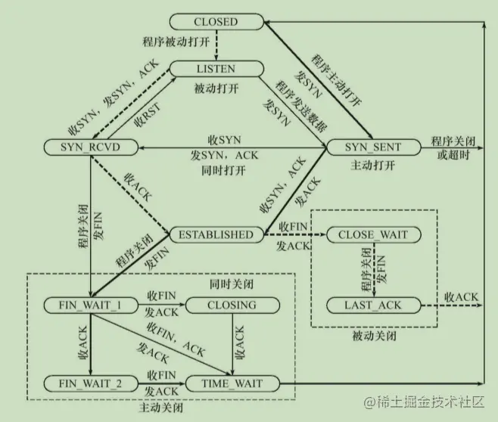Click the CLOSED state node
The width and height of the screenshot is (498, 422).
(x=216, y=22)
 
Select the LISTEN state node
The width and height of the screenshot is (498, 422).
(x=216, y=69)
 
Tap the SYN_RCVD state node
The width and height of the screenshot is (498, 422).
(x=90, y=147)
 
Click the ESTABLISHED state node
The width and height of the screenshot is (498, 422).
(x=215, y=234)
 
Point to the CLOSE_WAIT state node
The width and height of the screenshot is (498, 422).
(x=373, y=234)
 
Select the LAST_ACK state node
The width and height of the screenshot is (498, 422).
(x=373, y=306)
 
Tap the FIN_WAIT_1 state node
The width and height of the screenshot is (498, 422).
(x=90, y=306)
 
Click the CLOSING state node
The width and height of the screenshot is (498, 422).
(x=232, y=306)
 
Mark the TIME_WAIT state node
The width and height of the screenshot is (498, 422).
(x=232, y=384)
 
